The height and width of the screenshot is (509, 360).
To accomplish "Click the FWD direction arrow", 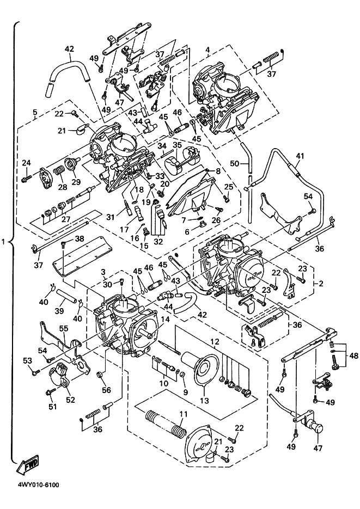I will pos(28,463).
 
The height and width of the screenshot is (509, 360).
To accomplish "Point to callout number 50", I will pos(234,163).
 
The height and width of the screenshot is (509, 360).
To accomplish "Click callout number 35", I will pos(176,145).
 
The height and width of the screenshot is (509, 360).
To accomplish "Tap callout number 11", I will pos(183,414).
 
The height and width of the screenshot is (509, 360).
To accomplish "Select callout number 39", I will pos(59,310).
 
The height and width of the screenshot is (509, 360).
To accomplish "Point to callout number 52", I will pos(70,399).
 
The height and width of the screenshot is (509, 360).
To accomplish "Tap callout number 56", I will pos(106,390).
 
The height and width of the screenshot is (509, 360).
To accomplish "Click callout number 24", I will pos(26,163).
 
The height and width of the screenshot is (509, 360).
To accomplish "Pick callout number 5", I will pos(34,113).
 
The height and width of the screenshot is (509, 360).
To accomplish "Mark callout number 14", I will pos(164,321).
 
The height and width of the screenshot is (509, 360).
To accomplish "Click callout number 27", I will pos(65,219).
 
